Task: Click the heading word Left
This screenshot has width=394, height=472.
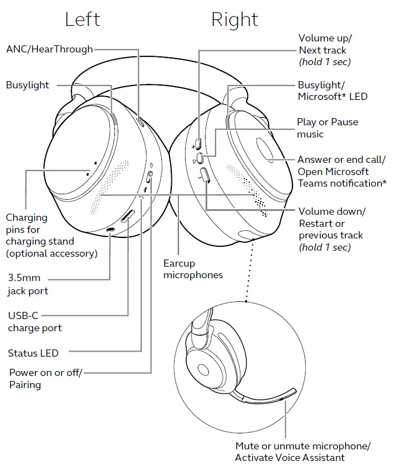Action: pyautogui.click(x=83, y=20)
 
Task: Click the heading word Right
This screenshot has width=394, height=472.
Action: pyautogui.click(x=235, y=20)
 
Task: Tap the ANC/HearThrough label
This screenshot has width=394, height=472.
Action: pyautogui.click(x=50, y=49)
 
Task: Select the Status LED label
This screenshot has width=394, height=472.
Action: pyautogui.click(x=33, y=353)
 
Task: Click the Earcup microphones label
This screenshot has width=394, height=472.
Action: pyautogui.click(x=193, y=269)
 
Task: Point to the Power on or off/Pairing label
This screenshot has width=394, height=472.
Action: pyautogui.click(x=45, y=379)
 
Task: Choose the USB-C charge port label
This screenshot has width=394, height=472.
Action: pyautogui.click(x=35, y=322)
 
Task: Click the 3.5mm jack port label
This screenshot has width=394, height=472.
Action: pyautogui.click(x=28, y=285)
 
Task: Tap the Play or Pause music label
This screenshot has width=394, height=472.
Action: pyautogui.click(x=327, y=128)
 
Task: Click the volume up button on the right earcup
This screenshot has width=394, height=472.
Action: pyautogui.click(x=198, y=145)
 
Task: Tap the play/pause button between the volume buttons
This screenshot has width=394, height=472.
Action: pyautogui.click(x=200, y=159)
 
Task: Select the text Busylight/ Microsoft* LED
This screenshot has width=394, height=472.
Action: pyautogui.click(x=333, y=91)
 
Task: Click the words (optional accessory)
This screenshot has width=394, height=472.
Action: pyautogui.click(x=52, y=253)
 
